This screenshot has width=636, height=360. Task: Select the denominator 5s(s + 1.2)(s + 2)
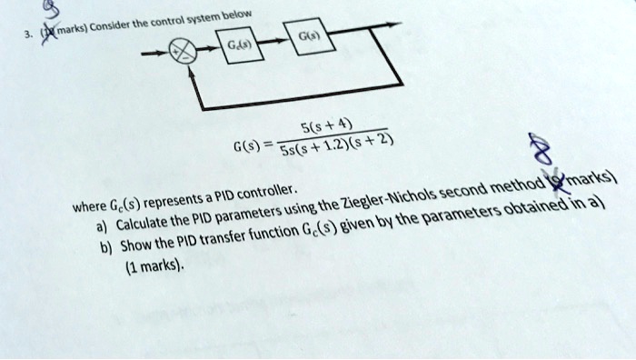[342, 151]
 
